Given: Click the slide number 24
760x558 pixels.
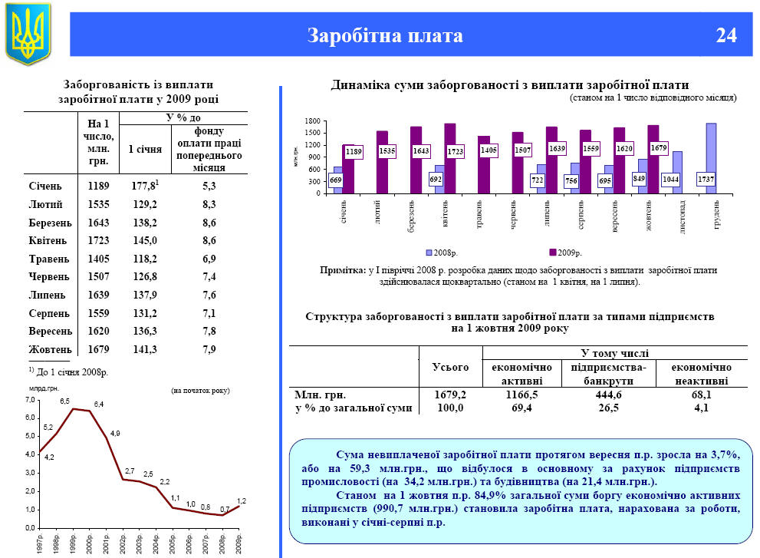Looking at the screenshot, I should (726, 35).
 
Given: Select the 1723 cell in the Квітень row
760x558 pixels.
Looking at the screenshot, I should (99, 240).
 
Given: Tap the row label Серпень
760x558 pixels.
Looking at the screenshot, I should (50, 313).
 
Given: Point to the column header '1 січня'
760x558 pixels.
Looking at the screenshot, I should (144, 149).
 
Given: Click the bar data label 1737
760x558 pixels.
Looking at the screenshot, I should (707, 179).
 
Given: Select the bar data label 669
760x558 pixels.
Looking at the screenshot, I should (336, 180).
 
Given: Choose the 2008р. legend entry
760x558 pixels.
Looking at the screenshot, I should (445, 252).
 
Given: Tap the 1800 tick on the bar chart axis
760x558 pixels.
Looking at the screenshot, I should (311, 122).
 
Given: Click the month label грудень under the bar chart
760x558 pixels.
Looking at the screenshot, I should (712, 214).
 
